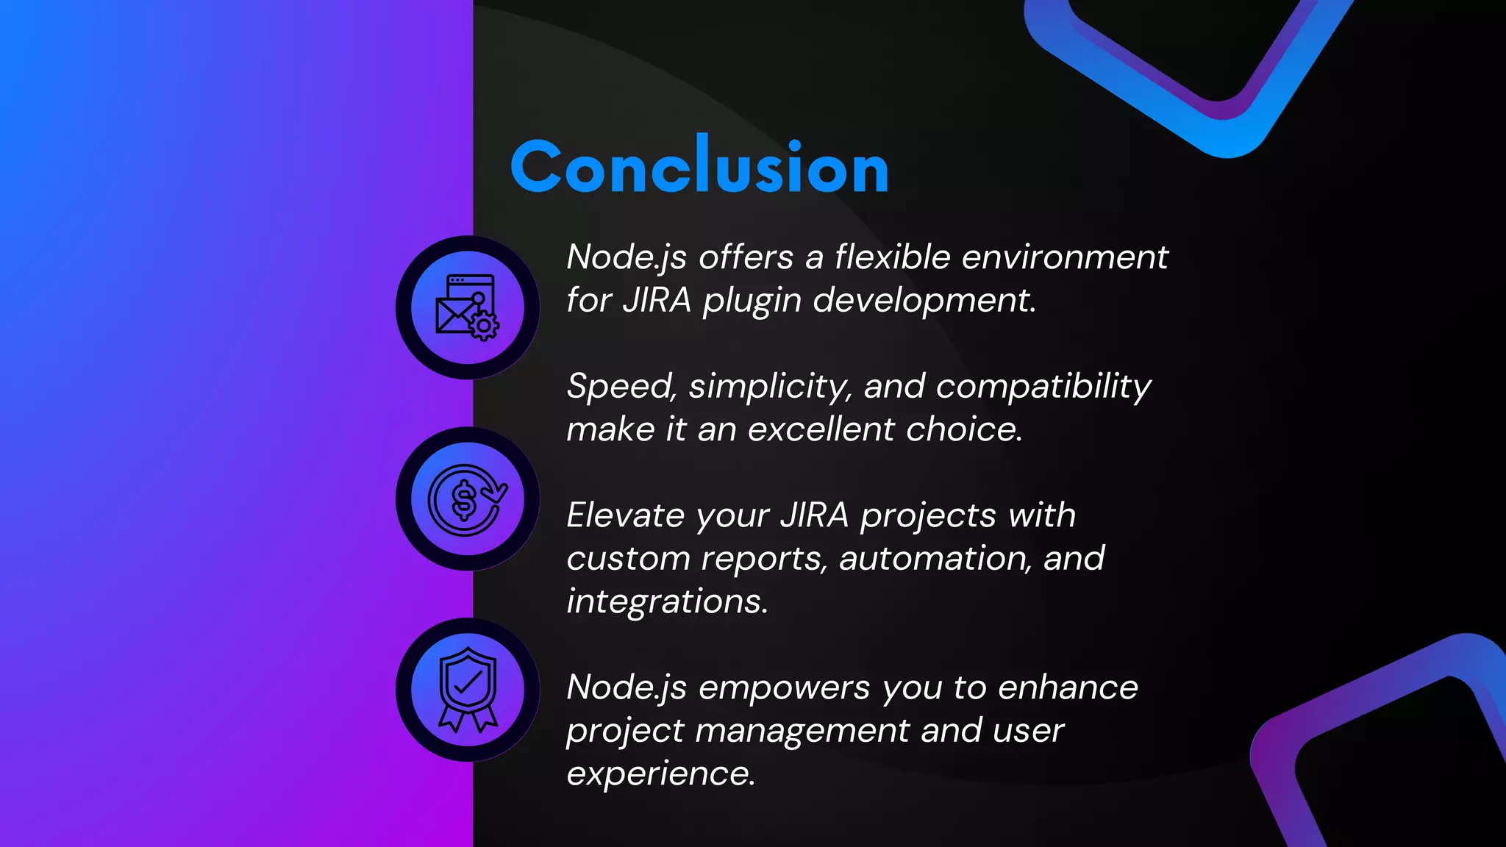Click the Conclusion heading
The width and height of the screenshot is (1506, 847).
click(x=699, y=167)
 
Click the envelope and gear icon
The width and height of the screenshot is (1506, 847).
click(x=468, y=307)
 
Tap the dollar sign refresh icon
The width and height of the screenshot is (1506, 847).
click(x=468, y=499)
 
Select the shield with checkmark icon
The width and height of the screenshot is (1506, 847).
click(x=468, y=690)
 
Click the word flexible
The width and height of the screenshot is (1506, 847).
click(x=892, y=257)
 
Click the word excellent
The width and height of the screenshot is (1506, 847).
click(x=821, y=429)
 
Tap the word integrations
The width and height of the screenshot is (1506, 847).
click(x=667, y=602)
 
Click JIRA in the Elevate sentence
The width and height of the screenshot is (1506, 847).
click(x=814, y=515)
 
